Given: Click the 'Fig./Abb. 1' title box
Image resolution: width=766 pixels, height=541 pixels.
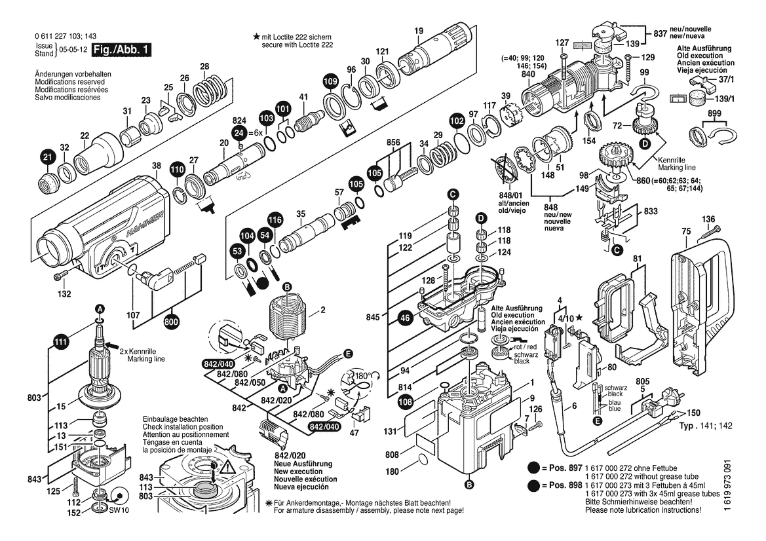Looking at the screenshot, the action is (122, 50).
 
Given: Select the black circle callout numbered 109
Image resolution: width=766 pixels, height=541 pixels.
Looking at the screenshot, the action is (331, 81).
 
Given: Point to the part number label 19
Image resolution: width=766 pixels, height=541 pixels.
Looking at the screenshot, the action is (419, 31).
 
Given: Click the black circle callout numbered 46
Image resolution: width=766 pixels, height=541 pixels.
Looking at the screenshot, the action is (405, 318).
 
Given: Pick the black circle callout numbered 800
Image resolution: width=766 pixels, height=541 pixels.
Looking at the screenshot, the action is (172, 322).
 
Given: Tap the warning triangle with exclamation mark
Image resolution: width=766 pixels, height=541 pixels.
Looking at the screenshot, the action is (226, 469).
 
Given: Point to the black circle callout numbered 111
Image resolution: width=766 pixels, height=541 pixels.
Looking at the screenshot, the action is (60, 342).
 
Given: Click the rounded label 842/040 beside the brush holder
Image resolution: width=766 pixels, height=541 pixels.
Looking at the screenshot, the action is (218, 364).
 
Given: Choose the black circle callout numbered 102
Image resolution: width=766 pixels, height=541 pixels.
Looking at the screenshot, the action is (457, 121).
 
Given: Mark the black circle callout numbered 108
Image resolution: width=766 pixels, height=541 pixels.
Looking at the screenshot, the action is (405, 402).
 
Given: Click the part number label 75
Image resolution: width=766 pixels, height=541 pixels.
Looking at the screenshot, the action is (686, 232).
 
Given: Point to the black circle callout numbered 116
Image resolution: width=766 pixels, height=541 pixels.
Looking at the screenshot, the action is (275, 220).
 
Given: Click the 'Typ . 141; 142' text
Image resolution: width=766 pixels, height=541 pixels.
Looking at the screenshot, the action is (706, 426).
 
